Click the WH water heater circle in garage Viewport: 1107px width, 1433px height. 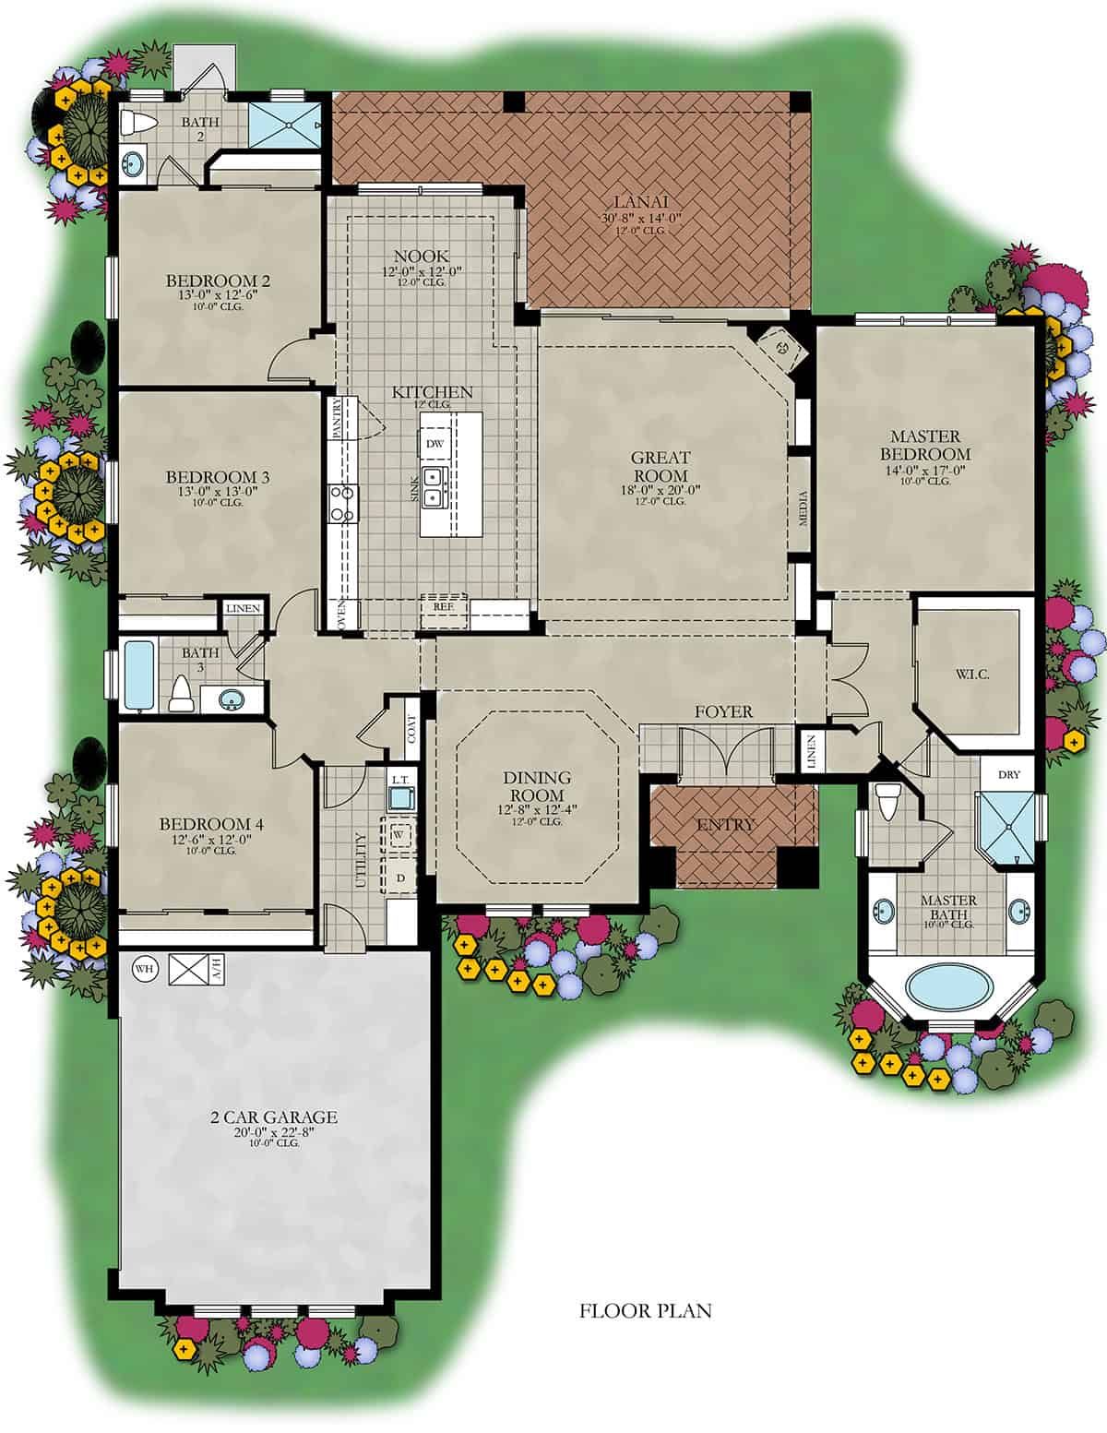tap(144, 969)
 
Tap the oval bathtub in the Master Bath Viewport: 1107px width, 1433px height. tap(948, 987)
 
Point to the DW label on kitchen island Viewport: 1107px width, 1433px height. tap(434, 444)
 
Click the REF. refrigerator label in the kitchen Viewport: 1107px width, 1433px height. tap(443, 606)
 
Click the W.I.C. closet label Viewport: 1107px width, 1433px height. tap(972, 675)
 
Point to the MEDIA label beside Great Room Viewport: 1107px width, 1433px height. tap(803, 508)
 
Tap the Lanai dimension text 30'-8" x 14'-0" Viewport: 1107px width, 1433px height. tap(640, 219)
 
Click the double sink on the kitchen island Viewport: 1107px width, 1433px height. tap(435, 487)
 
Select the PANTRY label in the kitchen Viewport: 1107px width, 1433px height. tap(337, 418)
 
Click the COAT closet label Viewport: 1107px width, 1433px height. tap(411, 729)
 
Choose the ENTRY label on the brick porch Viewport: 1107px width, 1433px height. tap(724, 824)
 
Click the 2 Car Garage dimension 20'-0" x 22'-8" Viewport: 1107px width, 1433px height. tap(274, 1132)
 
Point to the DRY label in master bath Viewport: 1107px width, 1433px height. tap(1009, 775)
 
